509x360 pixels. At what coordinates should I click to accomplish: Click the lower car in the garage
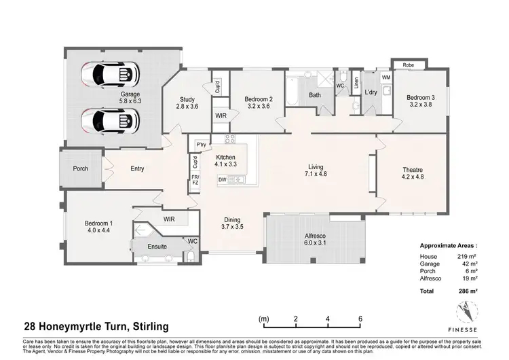click(111, 121)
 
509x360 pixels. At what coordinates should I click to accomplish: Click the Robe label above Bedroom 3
click(409, 66)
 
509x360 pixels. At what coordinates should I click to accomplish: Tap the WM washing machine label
click(385, 77)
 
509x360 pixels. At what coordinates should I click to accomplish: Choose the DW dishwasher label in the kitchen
click(222, 180)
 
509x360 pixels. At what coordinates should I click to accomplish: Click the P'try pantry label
click(201, 145)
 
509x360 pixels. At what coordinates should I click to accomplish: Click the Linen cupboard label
click(355, 84)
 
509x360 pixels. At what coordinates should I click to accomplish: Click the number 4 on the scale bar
click(328, 318)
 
